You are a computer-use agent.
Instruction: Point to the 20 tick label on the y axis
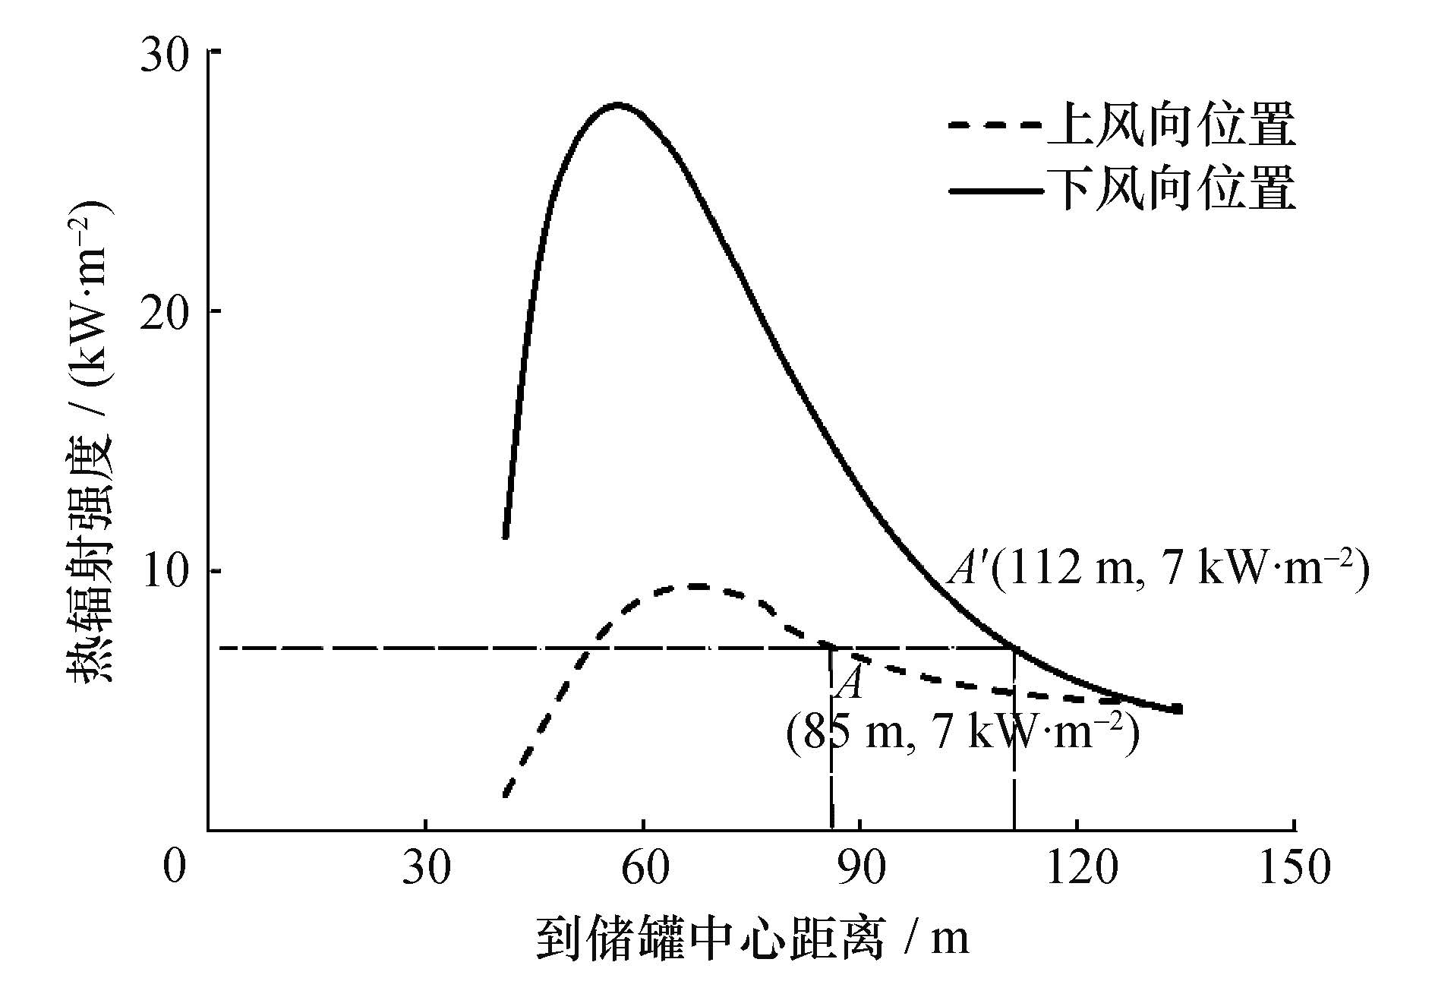tap(166, 311)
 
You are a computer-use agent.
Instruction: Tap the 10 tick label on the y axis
tap(166, 571)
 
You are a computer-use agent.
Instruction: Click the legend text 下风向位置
tap(1169, 190)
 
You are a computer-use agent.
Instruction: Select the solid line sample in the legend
tap(993, 190)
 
